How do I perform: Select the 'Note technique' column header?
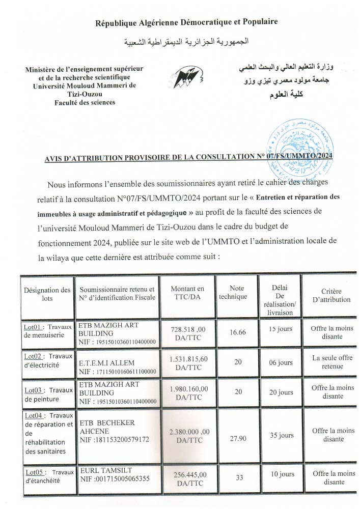[x=237, y=292]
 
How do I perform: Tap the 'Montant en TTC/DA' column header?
[x=187, y=293]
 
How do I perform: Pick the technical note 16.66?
[x=237, y=332]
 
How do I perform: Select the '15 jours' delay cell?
[x=281, y=329]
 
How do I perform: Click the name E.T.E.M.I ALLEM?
[x=106, y=363]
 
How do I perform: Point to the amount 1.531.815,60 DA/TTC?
[x=188, y=362]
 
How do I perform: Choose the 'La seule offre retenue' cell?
[x=333, y=362]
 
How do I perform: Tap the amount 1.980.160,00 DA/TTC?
[x=188, y=392]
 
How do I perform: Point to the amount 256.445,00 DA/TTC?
[x=188, y=478]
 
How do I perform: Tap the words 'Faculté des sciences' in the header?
[x=85, y=102]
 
